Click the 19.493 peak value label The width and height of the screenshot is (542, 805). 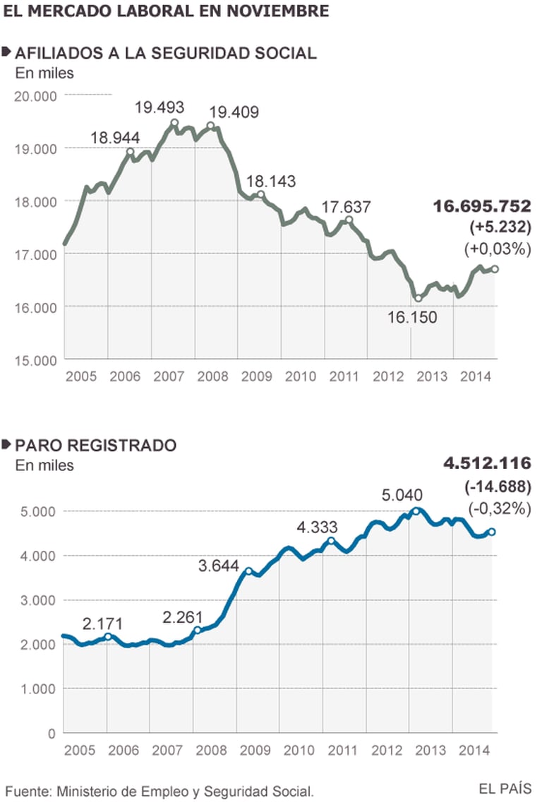pos(159,107)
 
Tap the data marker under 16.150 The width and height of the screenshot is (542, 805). pos(418,298)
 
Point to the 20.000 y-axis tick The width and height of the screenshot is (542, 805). pos(35,95)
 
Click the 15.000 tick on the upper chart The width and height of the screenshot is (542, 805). pos(35,359)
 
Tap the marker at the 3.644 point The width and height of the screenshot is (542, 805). pos(248,571)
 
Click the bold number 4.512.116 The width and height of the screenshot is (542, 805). pos(488,464)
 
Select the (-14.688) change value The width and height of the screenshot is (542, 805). pos(498,487)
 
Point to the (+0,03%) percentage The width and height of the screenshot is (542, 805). pos(498,249)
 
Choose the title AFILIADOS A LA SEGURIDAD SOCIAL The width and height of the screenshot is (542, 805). pos(165,52)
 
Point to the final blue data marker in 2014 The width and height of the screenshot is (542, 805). pos(493,532)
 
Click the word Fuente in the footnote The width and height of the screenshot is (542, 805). pos(28,789)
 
